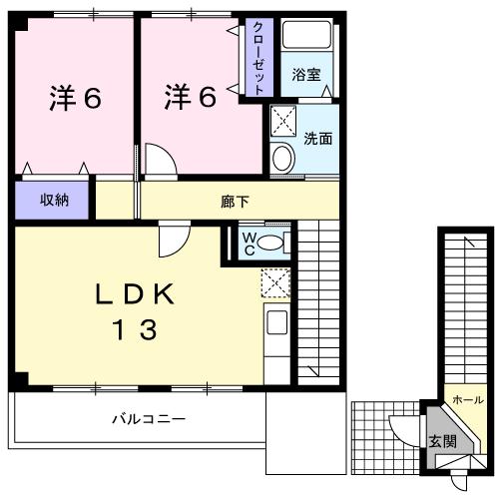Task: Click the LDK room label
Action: click(136, 294)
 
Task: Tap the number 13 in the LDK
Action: click(136, 329)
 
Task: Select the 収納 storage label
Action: click(54, 200)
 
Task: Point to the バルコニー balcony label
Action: click(148, 419)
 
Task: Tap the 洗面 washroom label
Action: click(318, 139)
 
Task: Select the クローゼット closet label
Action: click(257, 57)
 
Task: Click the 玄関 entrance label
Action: click(441, 440)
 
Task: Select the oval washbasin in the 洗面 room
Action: click(282, 159)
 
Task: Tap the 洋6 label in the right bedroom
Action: click(191, 97)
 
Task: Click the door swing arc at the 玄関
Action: click(404, 431)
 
